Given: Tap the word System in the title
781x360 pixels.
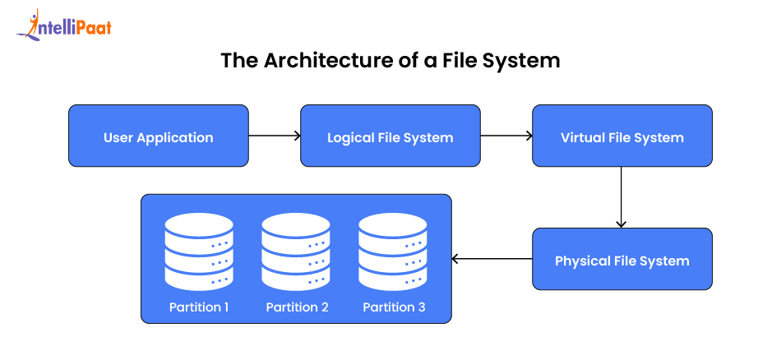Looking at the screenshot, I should coord(520,62).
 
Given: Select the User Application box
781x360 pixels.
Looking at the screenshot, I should coord(158,136).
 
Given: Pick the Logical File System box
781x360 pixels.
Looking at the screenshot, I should coord(390,136).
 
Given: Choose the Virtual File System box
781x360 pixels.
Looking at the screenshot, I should coord(622,136).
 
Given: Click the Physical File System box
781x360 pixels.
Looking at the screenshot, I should coord(622,260).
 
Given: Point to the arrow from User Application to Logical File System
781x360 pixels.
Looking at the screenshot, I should coord(274,136).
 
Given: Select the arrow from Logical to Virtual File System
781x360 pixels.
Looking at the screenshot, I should coord(506,136).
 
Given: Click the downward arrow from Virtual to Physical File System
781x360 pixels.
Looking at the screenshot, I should coord(622,197).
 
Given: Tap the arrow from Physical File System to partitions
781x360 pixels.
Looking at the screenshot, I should coord(492,260).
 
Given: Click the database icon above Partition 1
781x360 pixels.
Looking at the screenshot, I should coord(199,251).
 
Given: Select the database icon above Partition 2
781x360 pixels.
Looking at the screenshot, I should coord(296,251).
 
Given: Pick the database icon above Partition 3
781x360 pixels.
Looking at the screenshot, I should coord(393,251).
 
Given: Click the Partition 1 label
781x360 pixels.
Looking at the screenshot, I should coord(199,307).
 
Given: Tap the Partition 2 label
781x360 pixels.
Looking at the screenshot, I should coord(297,307).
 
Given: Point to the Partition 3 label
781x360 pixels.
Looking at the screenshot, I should coord(394,307).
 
